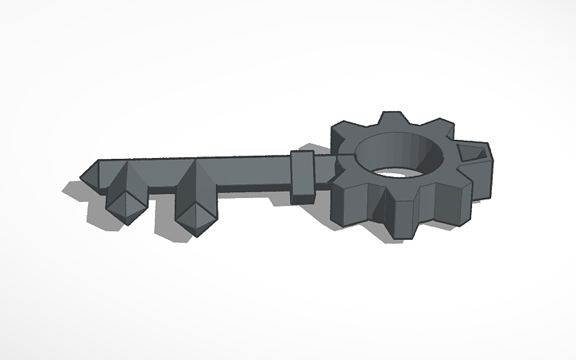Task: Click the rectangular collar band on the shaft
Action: pos(304,174)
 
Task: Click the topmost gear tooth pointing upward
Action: pos(391,122)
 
